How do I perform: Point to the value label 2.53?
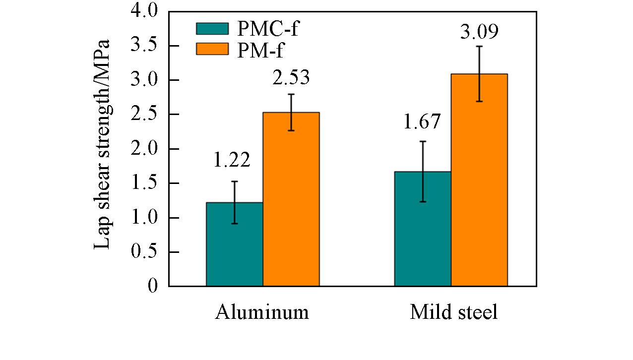pyautogui.click(x=291, y=78)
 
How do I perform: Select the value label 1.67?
pyautogui.click(x=422, y=122)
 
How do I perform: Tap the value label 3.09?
pyautogui.click(x=479, y=32)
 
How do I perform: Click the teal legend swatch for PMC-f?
pyautogui.click(x=212, y=29)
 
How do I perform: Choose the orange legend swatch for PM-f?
pyautogui.click(x=212, y=49)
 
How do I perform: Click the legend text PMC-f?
pyautogui.click(x=268, y=29)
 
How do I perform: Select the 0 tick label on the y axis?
pyautogui.click(x=152, y=286)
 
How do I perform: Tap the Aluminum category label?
pyautogui.click(x=262, y=312)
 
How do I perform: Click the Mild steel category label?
pyautogui.click(x=453, y=312)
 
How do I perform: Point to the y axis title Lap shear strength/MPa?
pyautogui.click(x=102, y=144)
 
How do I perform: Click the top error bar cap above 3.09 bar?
pyautogui.click(x=479, y=46)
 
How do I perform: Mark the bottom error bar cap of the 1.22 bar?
pyautogui.click(x=234, y=224)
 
